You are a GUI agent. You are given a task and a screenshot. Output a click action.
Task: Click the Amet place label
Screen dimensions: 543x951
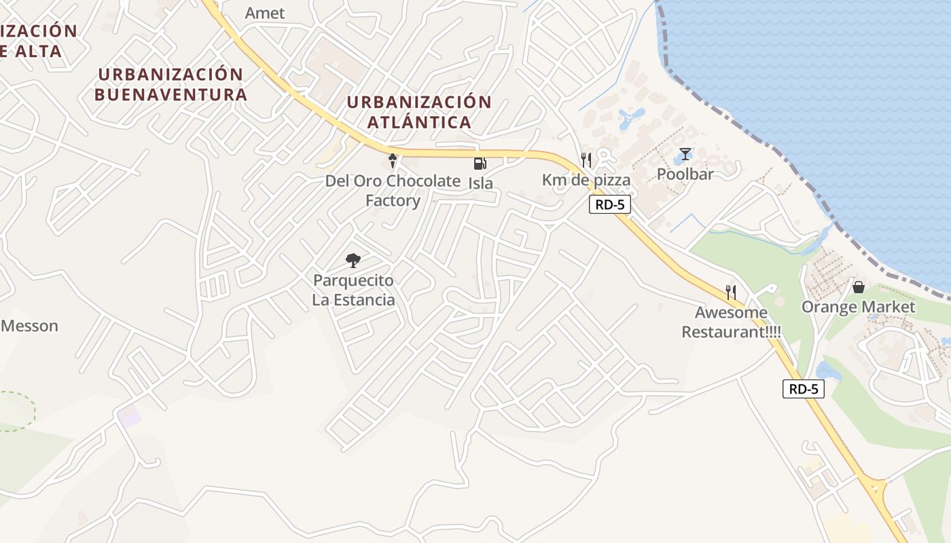click(265, 13)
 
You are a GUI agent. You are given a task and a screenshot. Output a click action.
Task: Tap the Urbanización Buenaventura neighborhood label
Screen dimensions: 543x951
click(171, 84)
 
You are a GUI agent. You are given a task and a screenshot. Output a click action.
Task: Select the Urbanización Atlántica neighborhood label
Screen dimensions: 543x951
click(419, 112)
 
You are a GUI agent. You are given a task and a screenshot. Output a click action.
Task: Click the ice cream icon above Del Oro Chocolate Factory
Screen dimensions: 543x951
click(393, 160)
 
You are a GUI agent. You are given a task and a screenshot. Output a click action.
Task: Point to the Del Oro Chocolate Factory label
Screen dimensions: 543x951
click(393, 191)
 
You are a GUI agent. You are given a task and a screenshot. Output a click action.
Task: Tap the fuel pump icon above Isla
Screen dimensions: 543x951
click(480, 163)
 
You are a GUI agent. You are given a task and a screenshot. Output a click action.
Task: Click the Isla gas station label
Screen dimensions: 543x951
click(480, 183)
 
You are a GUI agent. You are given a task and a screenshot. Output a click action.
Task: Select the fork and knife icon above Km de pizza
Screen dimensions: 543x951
click(586, 160)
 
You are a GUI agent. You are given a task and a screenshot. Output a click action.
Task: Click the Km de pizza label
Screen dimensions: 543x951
click(586, 180)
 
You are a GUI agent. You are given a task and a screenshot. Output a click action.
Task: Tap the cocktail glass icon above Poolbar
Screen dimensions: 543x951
click(685, 155)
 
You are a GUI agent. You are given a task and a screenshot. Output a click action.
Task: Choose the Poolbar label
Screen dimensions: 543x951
click(685, 174)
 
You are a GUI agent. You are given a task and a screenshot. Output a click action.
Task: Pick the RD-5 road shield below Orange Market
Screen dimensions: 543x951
click(804, 389)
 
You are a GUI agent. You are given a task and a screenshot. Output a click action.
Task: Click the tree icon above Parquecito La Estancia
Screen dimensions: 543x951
click(353, 260)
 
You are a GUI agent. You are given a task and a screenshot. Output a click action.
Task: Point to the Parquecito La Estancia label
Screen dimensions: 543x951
click(353, 290)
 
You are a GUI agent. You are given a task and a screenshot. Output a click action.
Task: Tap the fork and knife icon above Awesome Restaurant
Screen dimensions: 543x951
click(731, 293)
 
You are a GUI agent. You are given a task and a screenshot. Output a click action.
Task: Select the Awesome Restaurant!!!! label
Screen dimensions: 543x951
click(731, 322)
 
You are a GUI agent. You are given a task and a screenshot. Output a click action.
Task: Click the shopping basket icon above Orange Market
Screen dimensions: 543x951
click(859, 287)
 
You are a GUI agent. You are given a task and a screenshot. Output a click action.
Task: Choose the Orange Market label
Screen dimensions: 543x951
click(859, 307)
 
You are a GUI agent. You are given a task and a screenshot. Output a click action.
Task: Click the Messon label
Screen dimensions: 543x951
click(30, 326)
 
